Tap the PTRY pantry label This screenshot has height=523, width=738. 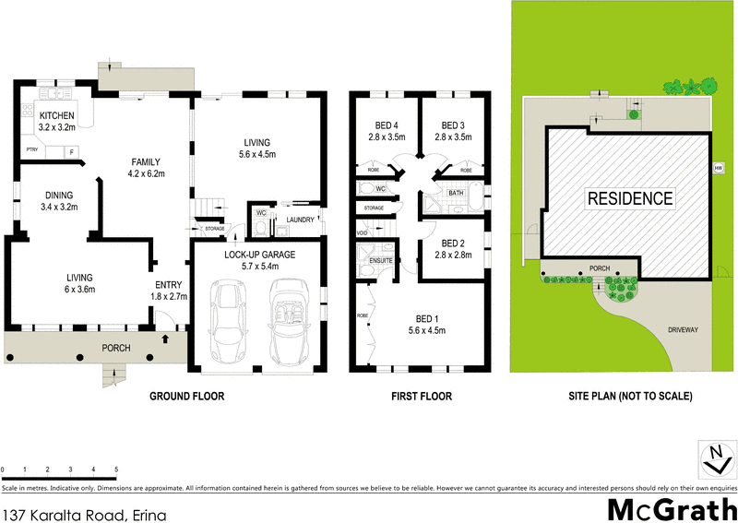[31, 149]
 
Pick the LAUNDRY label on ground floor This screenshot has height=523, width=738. [301, 219]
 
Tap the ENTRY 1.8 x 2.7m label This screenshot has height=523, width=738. [169, 290]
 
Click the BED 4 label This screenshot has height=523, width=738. [386, 130]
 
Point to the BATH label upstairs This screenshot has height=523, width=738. [456, 193]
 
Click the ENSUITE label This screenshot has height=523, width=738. [381, 261]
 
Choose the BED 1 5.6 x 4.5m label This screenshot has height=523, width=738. [427, 324]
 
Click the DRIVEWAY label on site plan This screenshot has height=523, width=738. [683, 328]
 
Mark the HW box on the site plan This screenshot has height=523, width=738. [717, 168]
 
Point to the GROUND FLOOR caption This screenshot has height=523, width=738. [187, 397]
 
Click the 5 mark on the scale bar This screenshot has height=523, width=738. [116, 470]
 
